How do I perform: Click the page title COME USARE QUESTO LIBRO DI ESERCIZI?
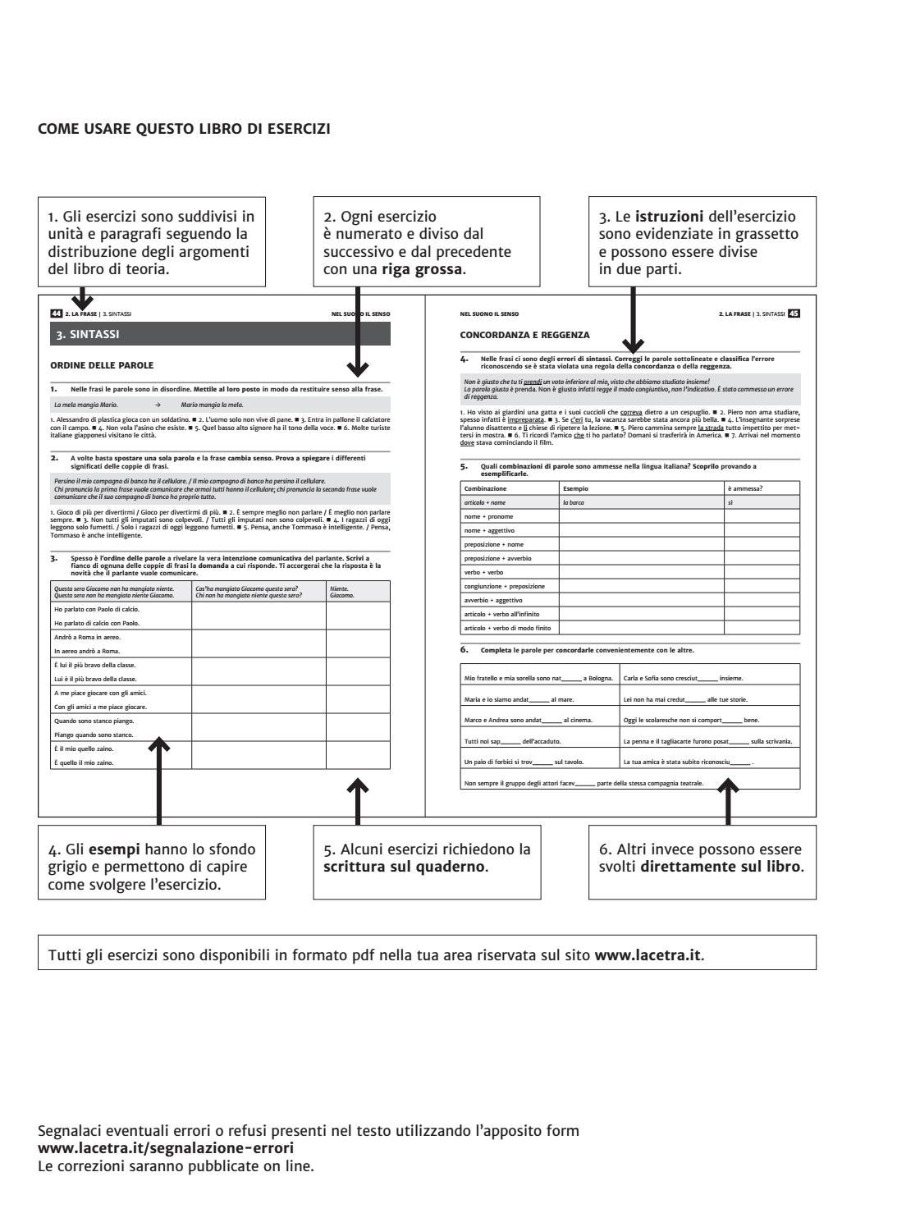click(184, 128)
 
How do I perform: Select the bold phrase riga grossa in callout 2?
click(422, 268)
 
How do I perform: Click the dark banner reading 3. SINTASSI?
click(220, 334)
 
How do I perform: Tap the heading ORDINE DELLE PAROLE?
click(102, 365)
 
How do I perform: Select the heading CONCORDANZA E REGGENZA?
click(524, 335)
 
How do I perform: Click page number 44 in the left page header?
click(56, 314)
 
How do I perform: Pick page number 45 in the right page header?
click(794, 314)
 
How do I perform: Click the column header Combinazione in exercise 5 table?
click(485, 488)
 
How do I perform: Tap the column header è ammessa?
click(745, 488)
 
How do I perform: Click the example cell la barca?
click(573, 502)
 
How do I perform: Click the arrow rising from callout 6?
click(729, 795)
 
